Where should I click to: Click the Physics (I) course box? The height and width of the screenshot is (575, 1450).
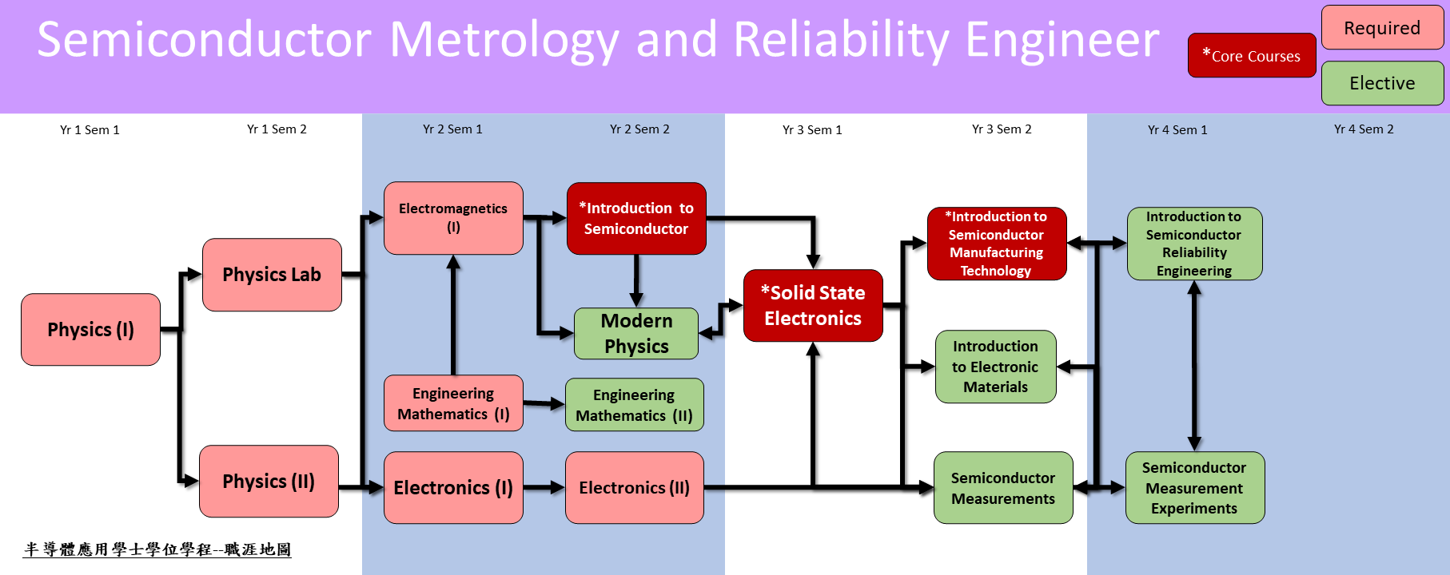click(90, 330)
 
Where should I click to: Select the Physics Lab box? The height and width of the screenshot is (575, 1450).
click(272, 275)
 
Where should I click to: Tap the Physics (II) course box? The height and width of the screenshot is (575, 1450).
click(269, 482)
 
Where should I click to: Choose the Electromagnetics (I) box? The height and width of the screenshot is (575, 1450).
click(453, 218)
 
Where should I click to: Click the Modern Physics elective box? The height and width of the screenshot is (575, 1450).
click(636, 334)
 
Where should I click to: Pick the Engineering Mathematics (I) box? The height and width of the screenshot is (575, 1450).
click(453, 403)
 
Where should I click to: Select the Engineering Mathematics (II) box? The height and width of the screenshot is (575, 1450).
click(634, 405)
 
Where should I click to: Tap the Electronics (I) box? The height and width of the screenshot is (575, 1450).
click(453, 488)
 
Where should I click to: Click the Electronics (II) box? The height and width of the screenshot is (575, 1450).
click(634, 488)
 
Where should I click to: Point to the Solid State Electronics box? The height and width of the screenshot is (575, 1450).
click(813, 306)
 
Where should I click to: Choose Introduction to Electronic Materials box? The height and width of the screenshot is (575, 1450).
click(995, 367)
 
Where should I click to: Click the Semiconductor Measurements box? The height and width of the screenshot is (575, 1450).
click(1003, 488)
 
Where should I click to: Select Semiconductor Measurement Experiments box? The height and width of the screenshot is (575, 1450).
click(1194, 488)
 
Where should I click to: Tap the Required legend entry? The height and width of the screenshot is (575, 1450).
click(1382, 28)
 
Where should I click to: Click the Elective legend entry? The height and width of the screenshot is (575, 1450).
click(1382, 83)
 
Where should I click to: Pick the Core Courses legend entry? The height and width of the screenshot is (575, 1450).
click(1251, 56)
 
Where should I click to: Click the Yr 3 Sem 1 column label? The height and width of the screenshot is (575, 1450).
click(812, 129)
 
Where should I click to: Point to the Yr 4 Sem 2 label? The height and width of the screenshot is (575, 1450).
click(1364, 129)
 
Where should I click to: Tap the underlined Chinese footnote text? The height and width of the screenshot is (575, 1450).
click(157, 549)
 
